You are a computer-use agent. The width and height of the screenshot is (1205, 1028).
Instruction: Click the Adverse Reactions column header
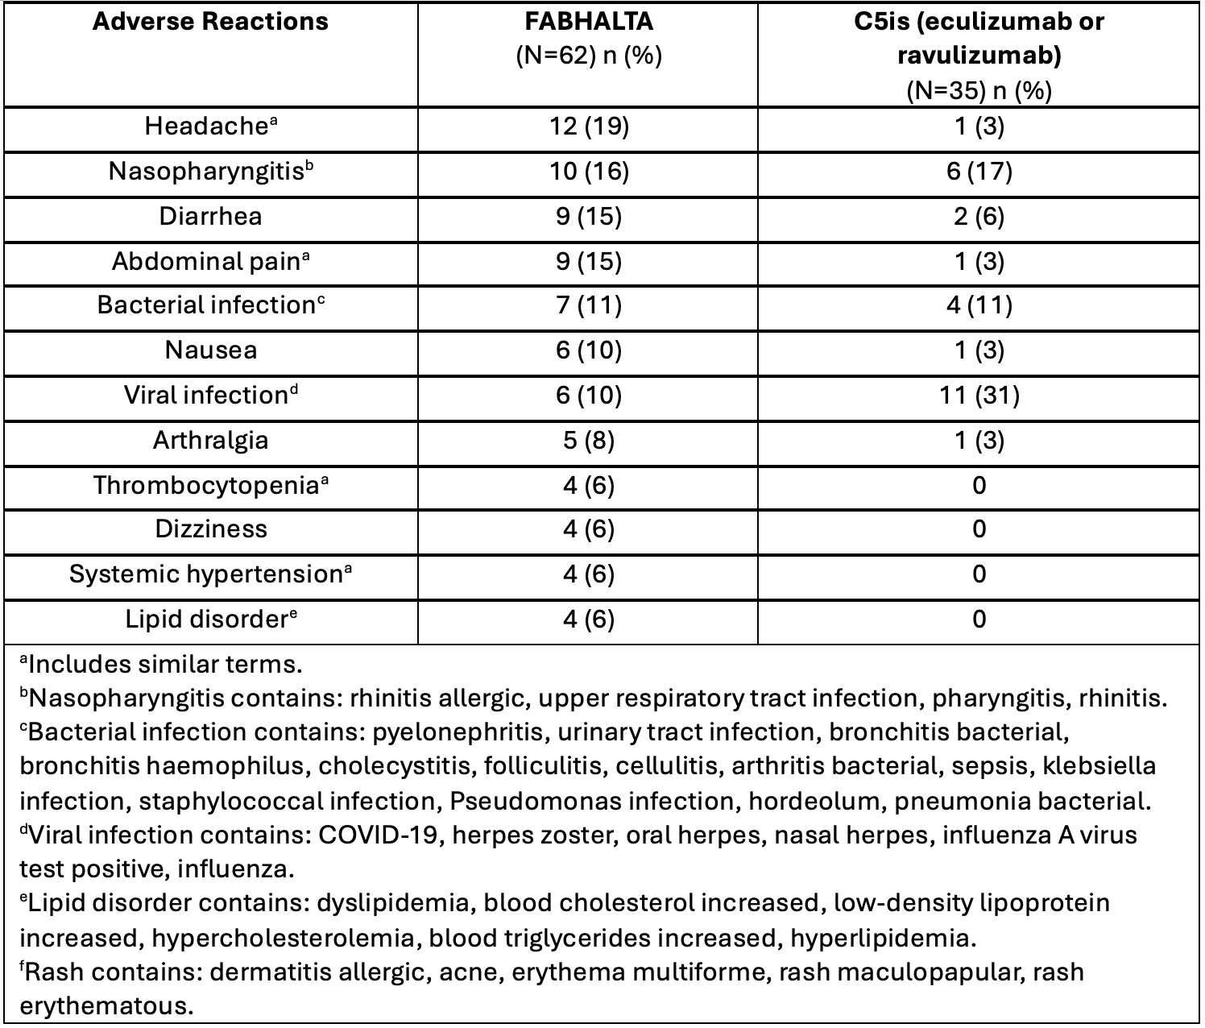tap(210, 21)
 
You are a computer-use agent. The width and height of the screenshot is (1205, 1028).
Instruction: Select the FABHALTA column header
tap(587, 21)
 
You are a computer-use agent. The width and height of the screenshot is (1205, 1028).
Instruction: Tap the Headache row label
tap(210, 126)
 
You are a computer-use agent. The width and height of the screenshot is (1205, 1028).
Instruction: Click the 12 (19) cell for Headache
tap(587, 127)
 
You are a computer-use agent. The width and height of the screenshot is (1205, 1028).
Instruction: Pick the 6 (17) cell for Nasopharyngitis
tap(979, 172)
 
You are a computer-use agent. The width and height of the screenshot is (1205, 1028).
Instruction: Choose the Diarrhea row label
tap(210, 217)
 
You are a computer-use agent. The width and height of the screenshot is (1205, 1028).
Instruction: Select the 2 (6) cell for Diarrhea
tap(979, 217)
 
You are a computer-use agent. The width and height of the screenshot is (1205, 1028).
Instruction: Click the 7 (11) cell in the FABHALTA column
tap(587, 306)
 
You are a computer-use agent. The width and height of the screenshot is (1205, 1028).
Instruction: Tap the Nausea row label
tap(210, 350)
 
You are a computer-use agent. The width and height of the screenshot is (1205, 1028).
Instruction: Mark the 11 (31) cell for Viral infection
tap(979, 396)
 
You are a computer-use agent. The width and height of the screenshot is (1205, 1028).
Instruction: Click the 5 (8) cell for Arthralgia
tap(587, 441)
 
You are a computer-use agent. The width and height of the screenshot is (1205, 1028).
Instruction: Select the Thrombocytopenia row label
tap(210, 486)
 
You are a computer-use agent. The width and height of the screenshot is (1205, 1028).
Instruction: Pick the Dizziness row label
tap(210, 529)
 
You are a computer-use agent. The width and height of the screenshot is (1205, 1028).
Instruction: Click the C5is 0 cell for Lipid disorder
tap(979, 620)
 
